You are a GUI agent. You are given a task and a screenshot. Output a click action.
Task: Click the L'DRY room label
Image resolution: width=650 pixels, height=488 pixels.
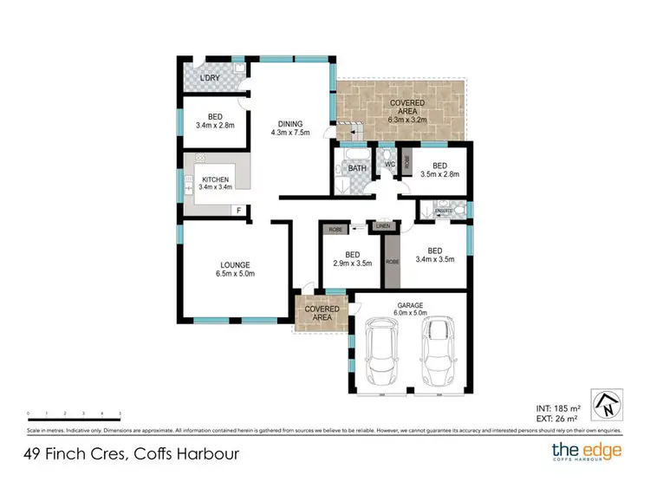(208, 79)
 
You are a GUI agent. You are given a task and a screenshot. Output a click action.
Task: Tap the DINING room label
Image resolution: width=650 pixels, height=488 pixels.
(289, 123)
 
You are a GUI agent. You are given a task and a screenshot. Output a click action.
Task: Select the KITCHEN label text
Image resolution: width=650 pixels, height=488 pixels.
(215, 179)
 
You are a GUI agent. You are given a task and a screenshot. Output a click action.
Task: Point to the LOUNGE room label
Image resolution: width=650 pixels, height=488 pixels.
(235, 264)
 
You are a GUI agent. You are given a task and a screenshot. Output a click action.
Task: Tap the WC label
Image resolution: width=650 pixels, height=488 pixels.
(390, 164)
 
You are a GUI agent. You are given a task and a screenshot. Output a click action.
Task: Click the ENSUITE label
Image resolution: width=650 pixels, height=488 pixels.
(444, 209)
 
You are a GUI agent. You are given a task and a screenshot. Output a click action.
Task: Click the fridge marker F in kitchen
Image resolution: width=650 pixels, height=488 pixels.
(238, 211)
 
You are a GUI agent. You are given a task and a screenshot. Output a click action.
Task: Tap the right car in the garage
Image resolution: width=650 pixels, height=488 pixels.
(437, 353)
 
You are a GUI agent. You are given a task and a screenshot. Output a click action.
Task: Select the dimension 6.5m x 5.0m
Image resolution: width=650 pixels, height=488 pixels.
(235, 274)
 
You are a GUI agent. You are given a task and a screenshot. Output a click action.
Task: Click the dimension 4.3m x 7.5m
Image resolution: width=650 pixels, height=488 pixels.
(289, 133)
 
